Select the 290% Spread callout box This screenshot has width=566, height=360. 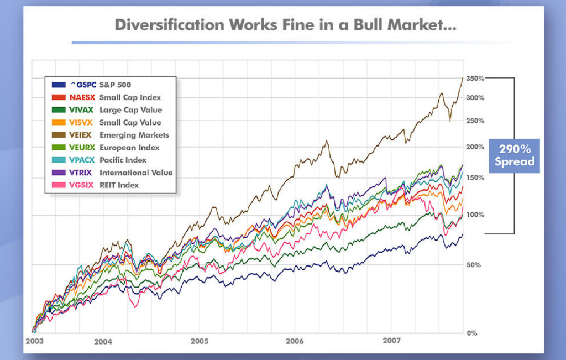(514, 155)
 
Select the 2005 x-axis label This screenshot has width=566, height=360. (200, 341)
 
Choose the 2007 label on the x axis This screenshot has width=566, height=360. (391, 341)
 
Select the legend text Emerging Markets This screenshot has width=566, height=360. (134, 135)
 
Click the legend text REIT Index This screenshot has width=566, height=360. (119, 185)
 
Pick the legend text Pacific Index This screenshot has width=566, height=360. (123, 160)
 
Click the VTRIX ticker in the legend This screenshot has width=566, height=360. (82, 173)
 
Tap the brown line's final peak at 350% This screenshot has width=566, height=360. (463, 78)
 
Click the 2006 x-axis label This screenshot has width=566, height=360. (296, 341)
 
